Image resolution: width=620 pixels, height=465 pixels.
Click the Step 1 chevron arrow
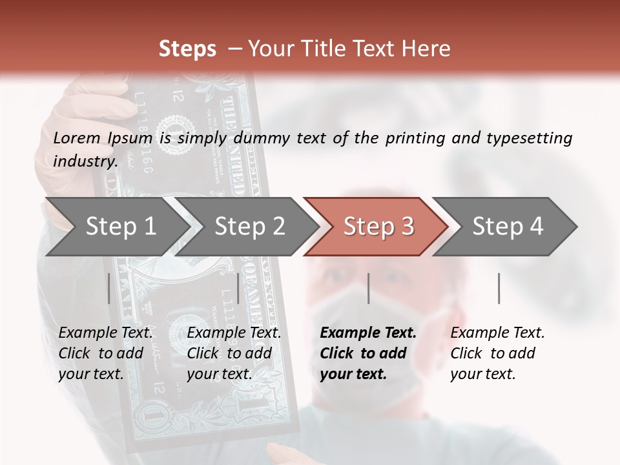click(x=116, y=226)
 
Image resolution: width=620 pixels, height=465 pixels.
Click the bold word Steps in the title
click(x=187, y=48)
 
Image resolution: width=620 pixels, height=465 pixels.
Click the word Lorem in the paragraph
click(x=77, y=138)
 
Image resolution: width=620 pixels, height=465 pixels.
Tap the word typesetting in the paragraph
click(x=534, y=138)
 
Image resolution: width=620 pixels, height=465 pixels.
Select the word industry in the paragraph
click(x=85, y=161)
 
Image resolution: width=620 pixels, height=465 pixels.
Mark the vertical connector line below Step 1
click(x=109, y=288)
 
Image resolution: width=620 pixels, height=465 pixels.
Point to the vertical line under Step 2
click(x=238, y=288)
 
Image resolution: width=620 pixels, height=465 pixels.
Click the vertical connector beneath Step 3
click(x=368, y=288)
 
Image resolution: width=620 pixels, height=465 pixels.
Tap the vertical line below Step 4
click(x=499, y=288)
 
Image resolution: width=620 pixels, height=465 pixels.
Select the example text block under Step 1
click(x=105, y=353)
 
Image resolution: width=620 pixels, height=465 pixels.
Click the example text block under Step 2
click(x=234, y=353)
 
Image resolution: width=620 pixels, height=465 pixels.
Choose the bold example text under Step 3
click(x=368, y=353)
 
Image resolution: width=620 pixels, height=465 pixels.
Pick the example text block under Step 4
click(x=497, y=353)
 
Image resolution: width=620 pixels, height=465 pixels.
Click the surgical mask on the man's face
click(x=381, y=316)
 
